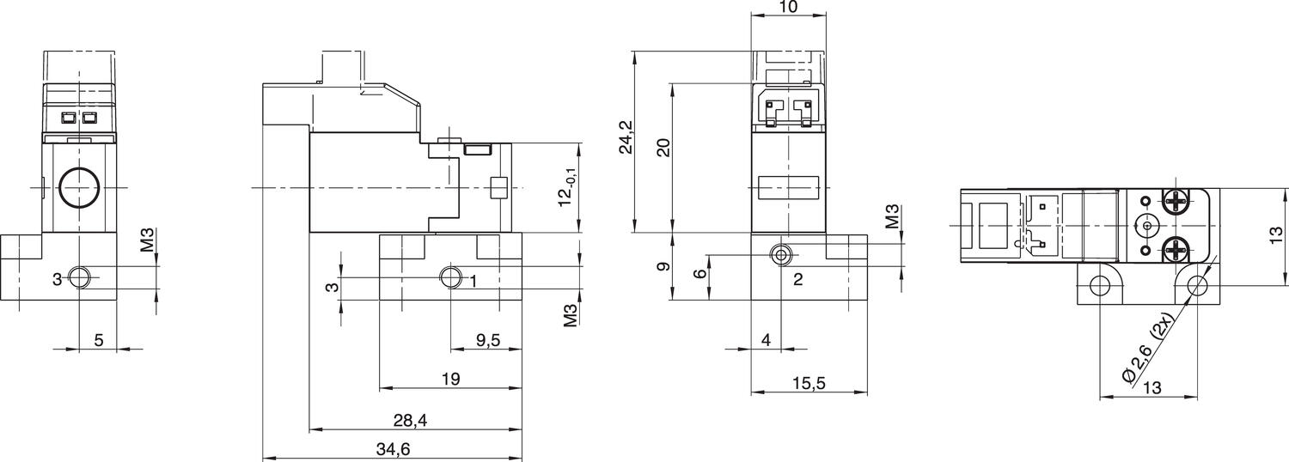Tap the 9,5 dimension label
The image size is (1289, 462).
488,340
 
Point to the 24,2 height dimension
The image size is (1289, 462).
626,137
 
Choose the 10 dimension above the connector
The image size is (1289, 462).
788,8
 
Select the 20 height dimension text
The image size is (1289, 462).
663,147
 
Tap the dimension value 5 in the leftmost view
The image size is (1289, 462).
99,340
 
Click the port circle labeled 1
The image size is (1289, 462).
450,277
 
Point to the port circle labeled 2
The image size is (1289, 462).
780,255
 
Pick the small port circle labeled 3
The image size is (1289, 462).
78,277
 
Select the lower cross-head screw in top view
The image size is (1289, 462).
1175,250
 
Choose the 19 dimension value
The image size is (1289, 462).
450,378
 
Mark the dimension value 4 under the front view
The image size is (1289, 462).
766,340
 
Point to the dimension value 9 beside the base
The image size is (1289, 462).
663,267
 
